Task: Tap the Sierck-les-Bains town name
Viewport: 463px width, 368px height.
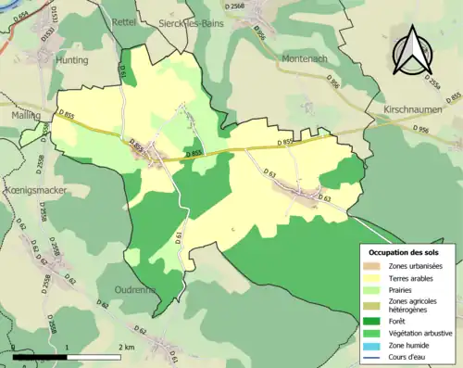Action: (194, 20)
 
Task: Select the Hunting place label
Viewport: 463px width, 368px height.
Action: (71, 60)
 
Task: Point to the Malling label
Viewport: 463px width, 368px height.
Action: (25, 116)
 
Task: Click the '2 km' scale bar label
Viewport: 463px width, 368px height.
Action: (128, 347)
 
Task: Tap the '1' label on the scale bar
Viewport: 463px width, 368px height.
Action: (68, 347)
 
